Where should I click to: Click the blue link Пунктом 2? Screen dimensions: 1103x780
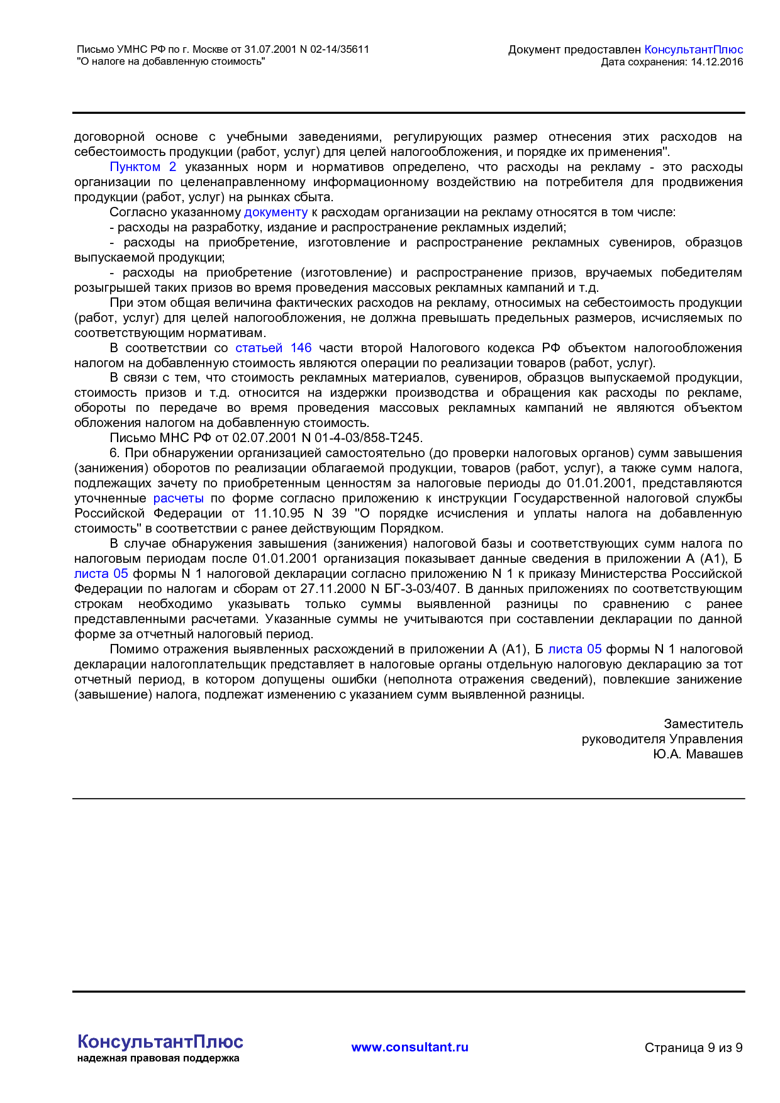pos(143,167)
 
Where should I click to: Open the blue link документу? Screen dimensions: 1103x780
pos(276,212)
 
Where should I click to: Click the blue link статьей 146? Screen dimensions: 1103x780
pos(273,348)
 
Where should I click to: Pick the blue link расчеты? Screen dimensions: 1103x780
pos(178,498)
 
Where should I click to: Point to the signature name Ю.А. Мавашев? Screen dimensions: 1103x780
pos(698,754)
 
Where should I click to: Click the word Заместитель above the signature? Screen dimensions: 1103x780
pos(703,724)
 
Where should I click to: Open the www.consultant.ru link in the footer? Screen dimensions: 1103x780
pos(409,1047)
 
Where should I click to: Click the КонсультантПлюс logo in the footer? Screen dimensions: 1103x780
pos(160,1041)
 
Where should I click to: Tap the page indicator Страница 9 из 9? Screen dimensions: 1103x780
pos(693,1048)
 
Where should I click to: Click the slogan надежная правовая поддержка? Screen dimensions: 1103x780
pos(158,1058)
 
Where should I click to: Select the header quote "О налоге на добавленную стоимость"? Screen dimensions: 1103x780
pos(170,62)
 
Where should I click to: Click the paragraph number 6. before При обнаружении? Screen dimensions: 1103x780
pos(114,453)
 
